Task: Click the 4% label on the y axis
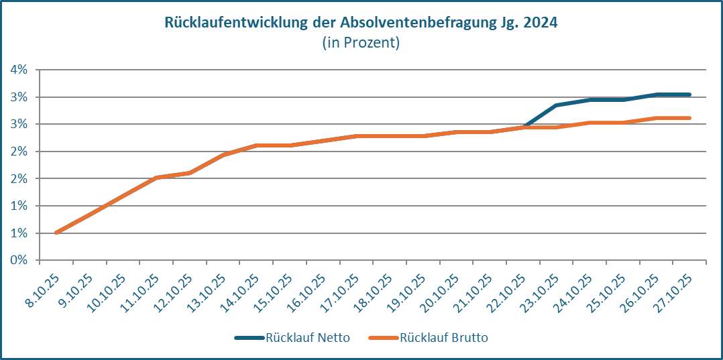[x=18, y=70]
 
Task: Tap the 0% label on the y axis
[x=18, y=260]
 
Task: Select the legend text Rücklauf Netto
[x=307, y=338]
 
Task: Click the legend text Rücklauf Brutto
[x=444, y=338]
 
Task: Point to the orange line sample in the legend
[x=384, y=338]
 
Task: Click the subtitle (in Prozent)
[x=361, y=43]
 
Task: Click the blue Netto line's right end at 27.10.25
[x=689, y=95]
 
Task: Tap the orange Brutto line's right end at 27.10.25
[x=689, y=118]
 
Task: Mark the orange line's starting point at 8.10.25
[x=56, y=233]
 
